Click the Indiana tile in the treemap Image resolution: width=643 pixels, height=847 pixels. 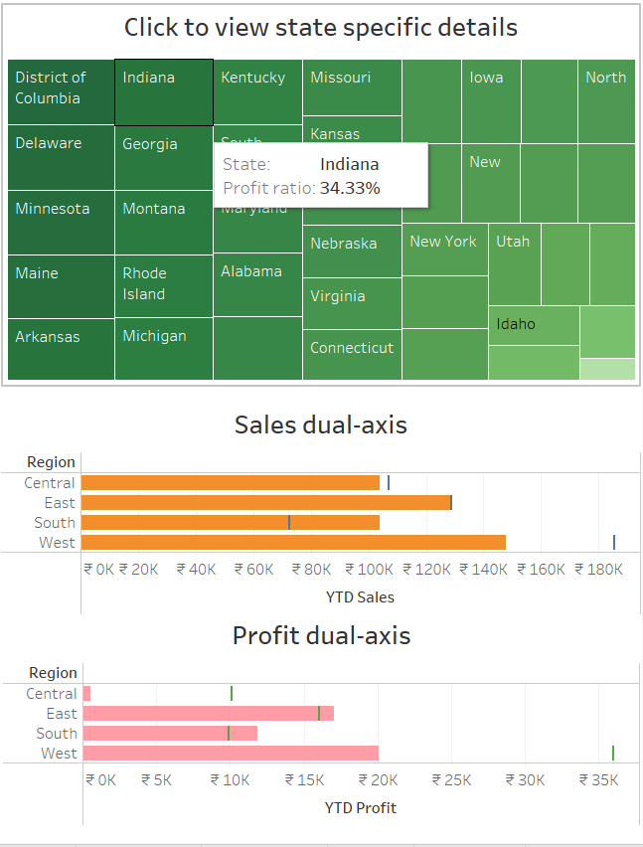163,92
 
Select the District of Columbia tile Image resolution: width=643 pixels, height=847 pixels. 61,91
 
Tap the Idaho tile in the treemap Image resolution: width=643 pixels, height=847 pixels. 534,325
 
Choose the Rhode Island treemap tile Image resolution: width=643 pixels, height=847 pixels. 163,285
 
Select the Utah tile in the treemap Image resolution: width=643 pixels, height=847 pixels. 514,263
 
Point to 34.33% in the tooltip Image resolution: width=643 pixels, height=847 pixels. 350,187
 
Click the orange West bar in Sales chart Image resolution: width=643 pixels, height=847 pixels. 293,542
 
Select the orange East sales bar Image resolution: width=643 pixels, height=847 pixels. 265,503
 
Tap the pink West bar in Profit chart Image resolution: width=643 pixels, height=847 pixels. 231,753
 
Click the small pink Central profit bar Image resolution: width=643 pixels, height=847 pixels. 86,694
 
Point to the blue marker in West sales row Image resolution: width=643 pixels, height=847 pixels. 614,542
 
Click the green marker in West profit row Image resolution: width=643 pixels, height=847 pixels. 613,753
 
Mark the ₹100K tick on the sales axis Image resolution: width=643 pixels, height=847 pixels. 372,570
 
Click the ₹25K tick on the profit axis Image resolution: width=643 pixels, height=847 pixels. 457,780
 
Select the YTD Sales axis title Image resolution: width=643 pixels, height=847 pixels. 360,597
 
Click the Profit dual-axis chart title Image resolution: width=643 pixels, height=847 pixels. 321,635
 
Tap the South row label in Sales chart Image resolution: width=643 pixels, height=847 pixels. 55,523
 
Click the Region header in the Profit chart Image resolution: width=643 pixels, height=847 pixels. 53,673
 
